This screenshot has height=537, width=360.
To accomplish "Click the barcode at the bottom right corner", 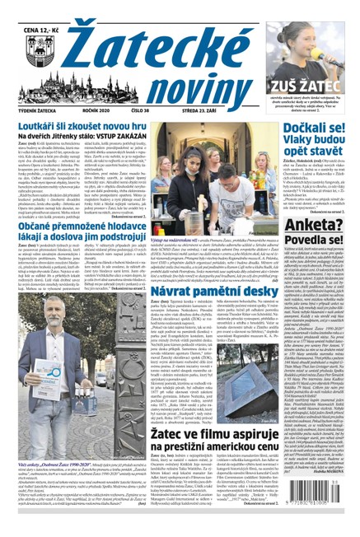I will point(316,511).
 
